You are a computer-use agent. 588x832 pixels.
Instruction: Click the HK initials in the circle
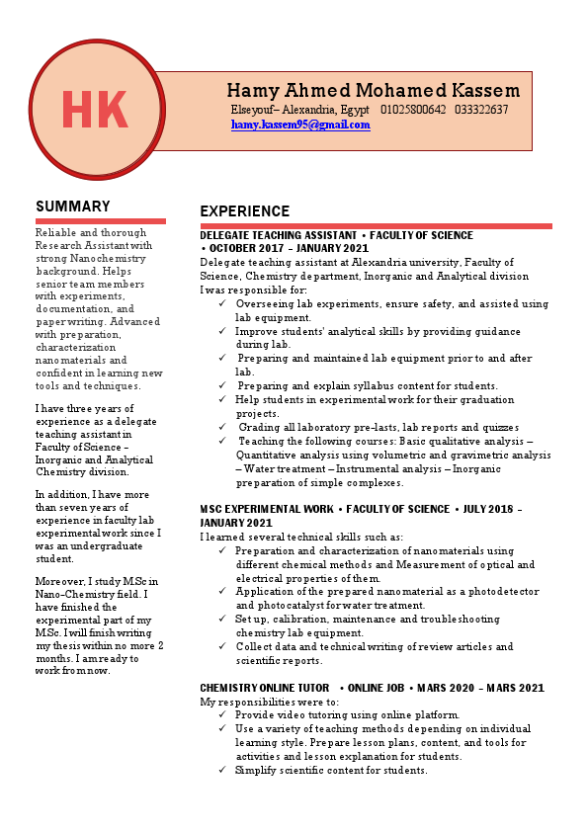tap(95, 109)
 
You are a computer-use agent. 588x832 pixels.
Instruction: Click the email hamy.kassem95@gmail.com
tap(300, 125)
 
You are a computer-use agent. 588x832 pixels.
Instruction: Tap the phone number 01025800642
tap(413, 110)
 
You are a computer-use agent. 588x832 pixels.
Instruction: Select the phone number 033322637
tap(481, 110)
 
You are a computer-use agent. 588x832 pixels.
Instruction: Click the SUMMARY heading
tap(73, 207)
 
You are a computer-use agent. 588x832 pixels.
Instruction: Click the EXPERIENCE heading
tap(244, 211)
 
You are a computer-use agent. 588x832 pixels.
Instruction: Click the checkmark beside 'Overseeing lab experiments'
tap(223, 304)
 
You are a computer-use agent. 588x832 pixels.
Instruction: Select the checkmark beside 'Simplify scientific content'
tap(223, 770)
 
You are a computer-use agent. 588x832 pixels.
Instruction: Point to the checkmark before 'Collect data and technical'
tap(223, 646)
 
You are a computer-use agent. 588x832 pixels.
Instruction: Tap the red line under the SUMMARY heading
tap(100, 221)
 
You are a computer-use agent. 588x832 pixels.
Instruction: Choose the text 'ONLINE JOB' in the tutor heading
tap(378, 688)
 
